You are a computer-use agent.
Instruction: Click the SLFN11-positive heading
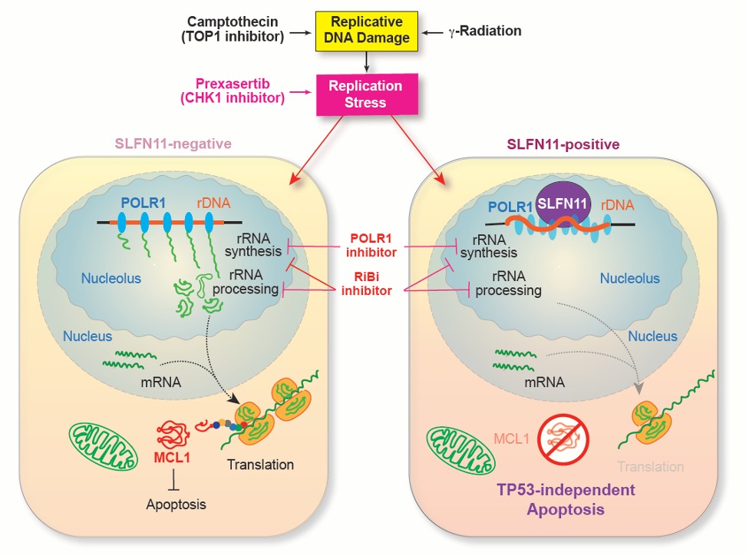(563, 144)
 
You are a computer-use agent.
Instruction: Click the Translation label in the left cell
(260, 464)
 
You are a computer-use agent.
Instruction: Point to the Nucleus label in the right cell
(652, 336)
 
